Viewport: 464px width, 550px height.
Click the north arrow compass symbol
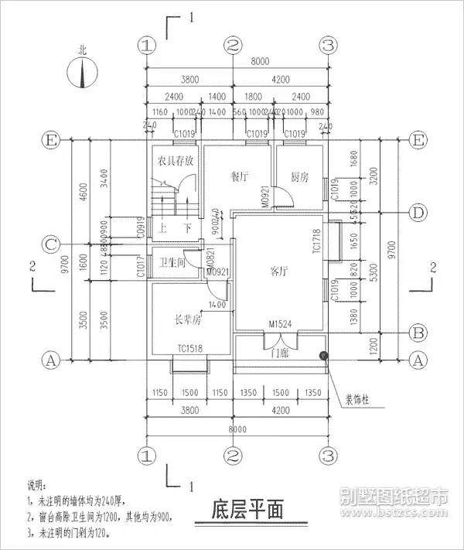[x=83, y=73]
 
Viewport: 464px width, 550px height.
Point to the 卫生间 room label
[x=171, y=263]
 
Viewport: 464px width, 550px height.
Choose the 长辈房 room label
[x=187, y=319]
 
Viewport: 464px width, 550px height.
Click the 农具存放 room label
[x=176, y=162]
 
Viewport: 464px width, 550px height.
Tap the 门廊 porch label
[x=280, y=353]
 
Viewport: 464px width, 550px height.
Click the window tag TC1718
[x=316, y=241]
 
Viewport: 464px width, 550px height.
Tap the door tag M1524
[x=281, y=323]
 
